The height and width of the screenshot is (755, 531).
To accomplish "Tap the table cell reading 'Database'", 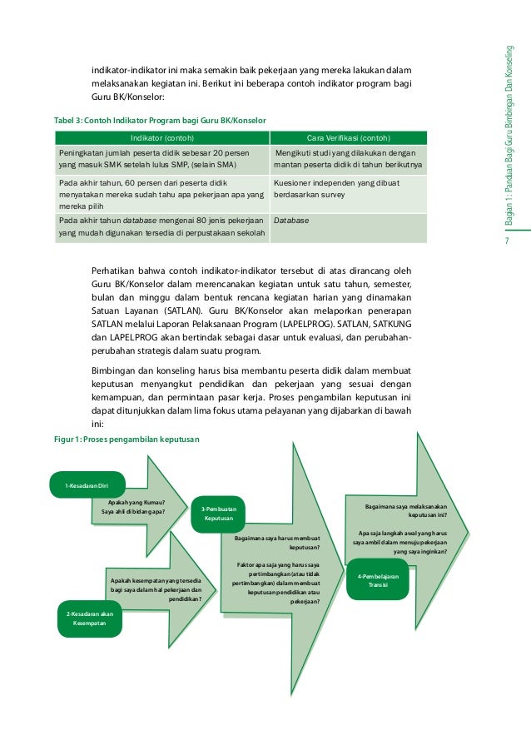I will click(x=290, y=221).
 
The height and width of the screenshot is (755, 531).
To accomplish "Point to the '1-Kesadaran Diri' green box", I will click(x=87, y=485).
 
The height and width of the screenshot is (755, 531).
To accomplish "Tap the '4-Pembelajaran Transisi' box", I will click(x=379, y=579).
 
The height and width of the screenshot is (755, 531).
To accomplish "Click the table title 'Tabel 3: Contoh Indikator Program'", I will click(x=160, y=121).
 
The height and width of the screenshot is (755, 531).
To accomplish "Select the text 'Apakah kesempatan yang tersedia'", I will click(x=155, y=580).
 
